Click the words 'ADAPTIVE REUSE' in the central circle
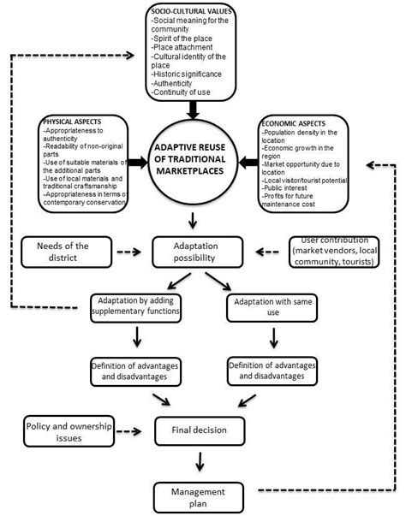click(x=195, y=151)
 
